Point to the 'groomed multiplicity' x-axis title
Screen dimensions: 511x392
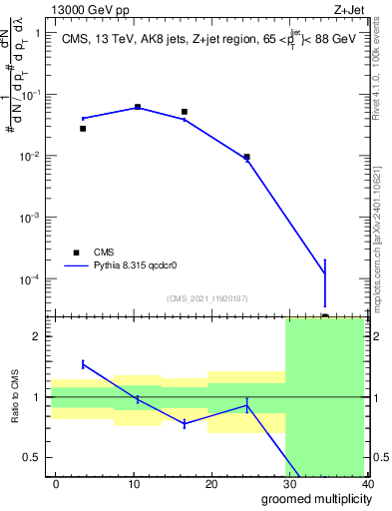(312, 498)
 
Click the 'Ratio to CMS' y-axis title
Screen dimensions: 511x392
(16, 398)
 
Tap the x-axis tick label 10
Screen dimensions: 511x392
(134, 483)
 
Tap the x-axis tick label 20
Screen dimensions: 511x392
(211, 483)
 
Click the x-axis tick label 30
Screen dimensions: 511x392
(289, 483)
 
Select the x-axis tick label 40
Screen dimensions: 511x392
(366, 483)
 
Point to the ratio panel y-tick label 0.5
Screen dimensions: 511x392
(32, 457)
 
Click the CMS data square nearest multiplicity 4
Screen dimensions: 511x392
(83, 129)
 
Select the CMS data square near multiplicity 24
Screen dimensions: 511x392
(246, 157)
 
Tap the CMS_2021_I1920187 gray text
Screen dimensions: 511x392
(206, 297)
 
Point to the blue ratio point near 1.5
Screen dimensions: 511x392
(83, 364)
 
